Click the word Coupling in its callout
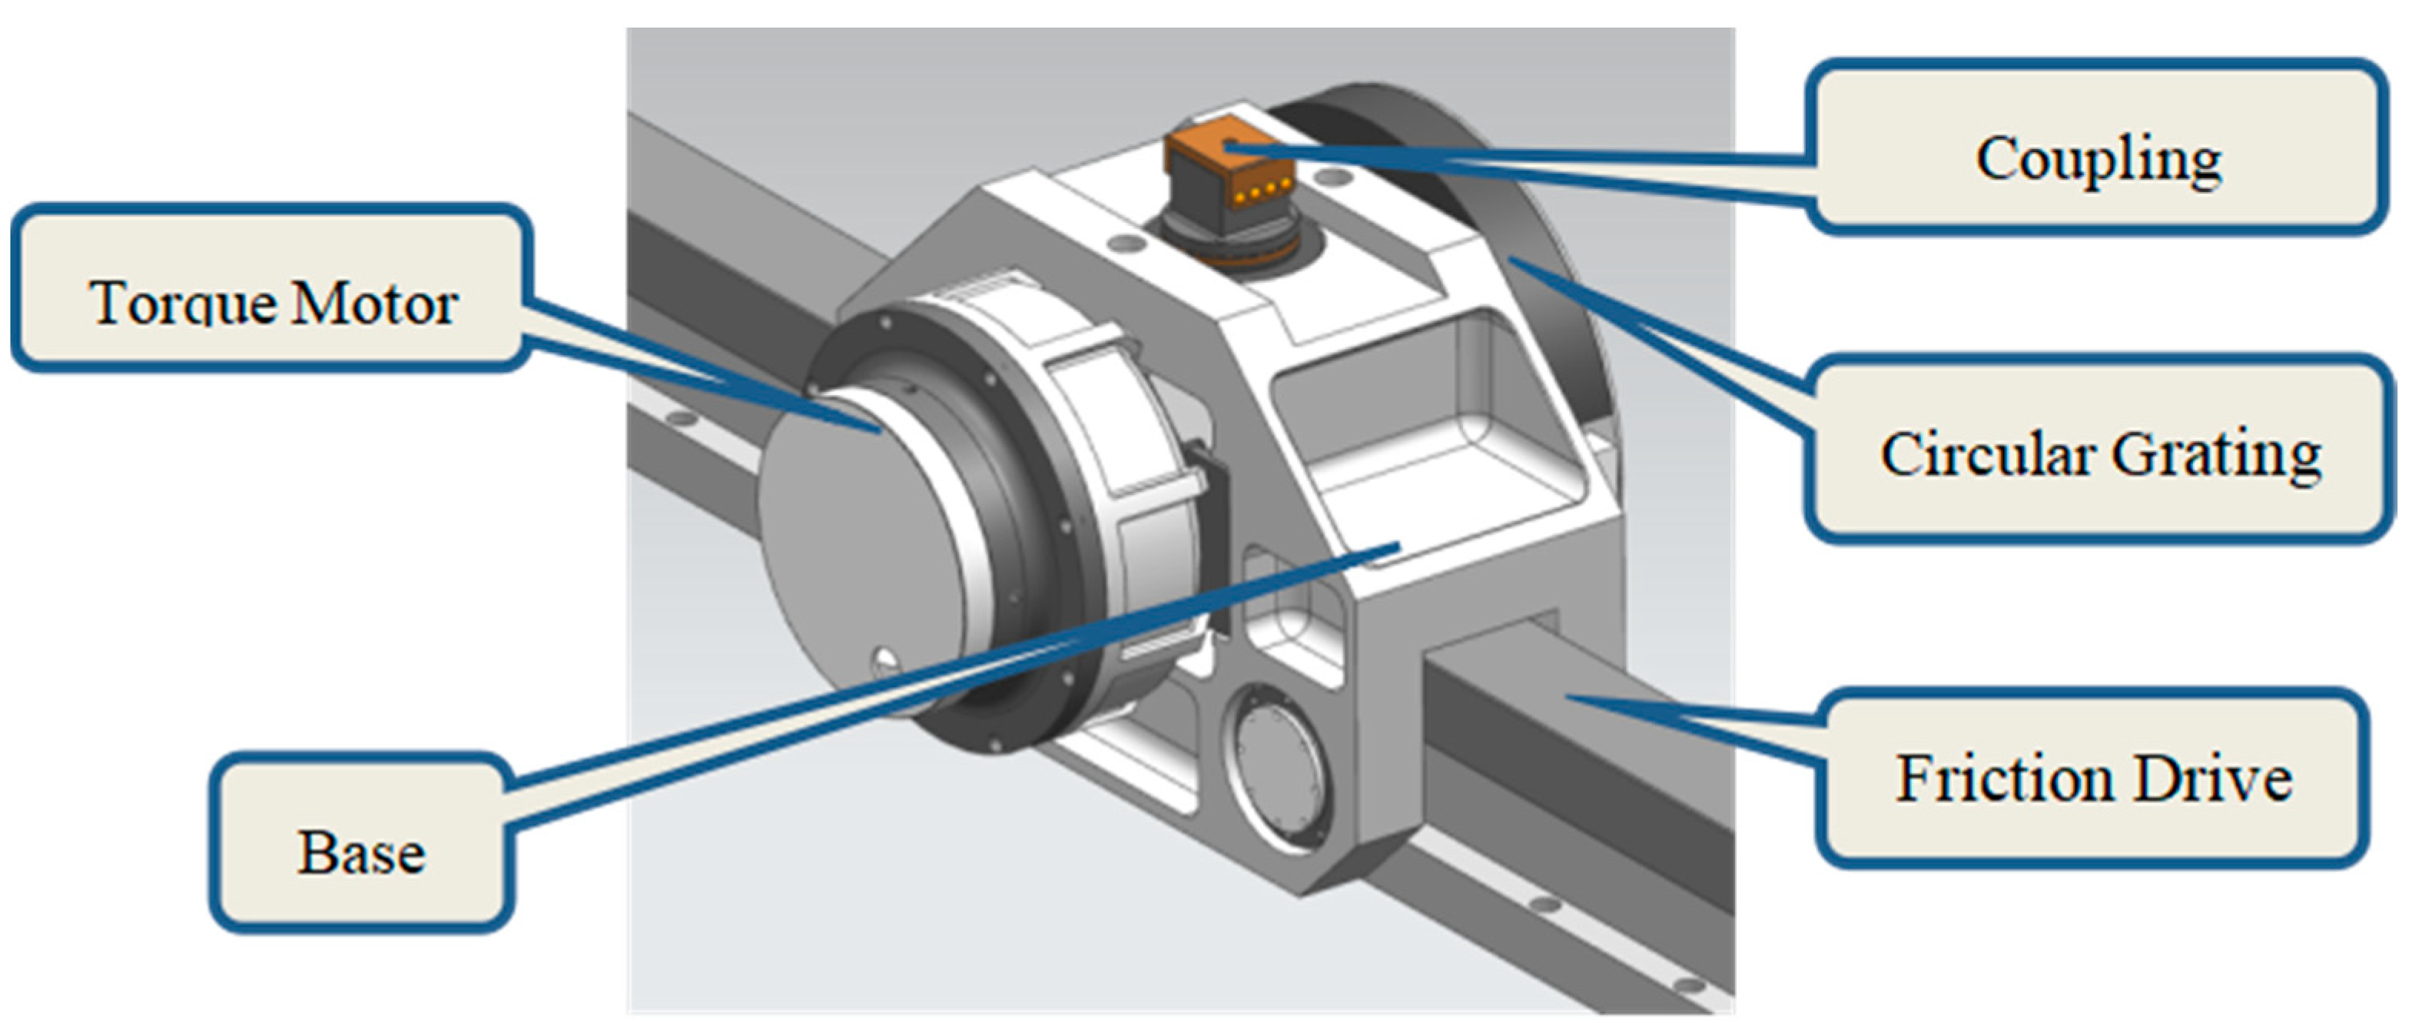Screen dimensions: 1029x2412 (x=2098, y=159)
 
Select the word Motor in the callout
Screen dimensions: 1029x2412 (x=374, y=304)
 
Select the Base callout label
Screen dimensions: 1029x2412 (x=361, y=852)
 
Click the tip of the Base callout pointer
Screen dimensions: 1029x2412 (x=1397, y=545)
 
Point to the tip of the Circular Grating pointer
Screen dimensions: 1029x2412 (x=1512, y=261)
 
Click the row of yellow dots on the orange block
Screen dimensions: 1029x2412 (x=1259, y=194)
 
